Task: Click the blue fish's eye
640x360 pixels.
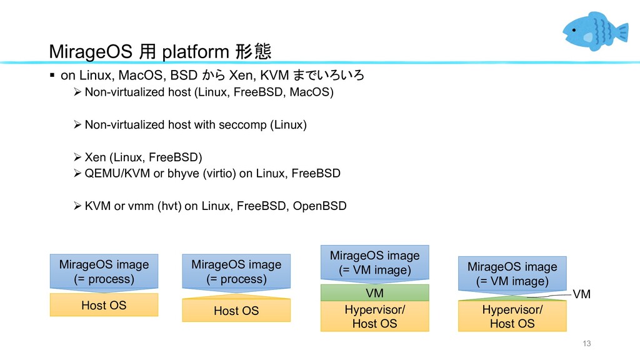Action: [574, 30]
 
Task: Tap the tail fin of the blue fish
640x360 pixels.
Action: [622, 32]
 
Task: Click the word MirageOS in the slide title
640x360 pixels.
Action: [91, 52]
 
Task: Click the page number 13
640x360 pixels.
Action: [586, 343]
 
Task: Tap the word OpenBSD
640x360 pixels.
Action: [319, 206]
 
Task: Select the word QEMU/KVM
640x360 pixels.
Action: [117, 174]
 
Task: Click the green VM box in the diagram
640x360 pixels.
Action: [375, 292]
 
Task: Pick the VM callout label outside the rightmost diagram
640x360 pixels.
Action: [582, 294]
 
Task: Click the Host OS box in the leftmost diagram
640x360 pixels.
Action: [104, 305]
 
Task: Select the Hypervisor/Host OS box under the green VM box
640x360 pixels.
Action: [375, 316]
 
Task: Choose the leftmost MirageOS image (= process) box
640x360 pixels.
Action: [104, 272]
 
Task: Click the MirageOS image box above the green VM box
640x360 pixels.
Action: [375, 263]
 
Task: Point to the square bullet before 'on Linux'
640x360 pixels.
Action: [52, 75]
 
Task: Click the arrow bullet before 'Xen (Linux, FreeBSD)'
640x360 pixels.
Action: [77, 157]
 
